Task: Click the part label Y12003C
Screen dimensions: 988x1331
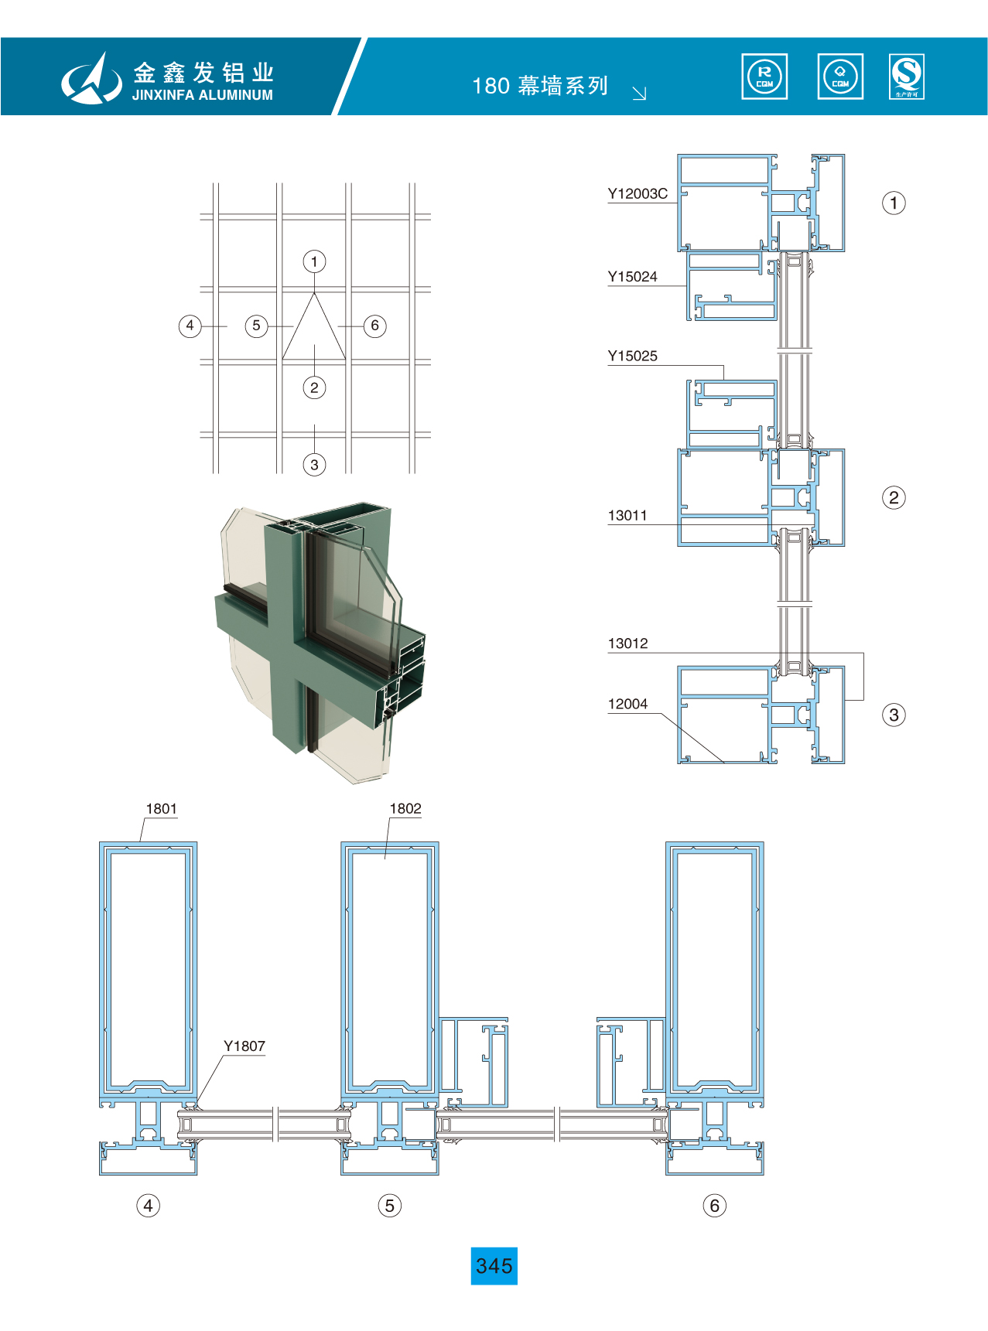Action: [638, 194]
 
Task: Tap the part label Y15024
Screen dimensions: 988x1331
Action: [632, 277]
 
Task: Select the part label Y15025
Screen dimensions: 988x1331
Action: [632, 357]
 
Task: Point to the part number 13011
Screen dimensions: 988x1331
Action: [627, 516]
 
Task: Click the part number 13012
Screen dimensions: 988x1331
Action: [627, 643]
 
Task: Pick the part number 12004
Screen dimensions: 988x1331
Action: [627, 704]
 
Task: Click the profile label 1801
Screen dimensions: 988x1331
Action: [162, 809]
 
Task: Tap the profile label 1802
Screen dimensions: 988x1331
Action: [405, 809]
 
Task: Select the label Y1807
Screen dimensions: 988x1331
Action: [244, 1046]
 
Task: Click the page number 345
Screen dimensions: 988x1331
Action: [494, 1266]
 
